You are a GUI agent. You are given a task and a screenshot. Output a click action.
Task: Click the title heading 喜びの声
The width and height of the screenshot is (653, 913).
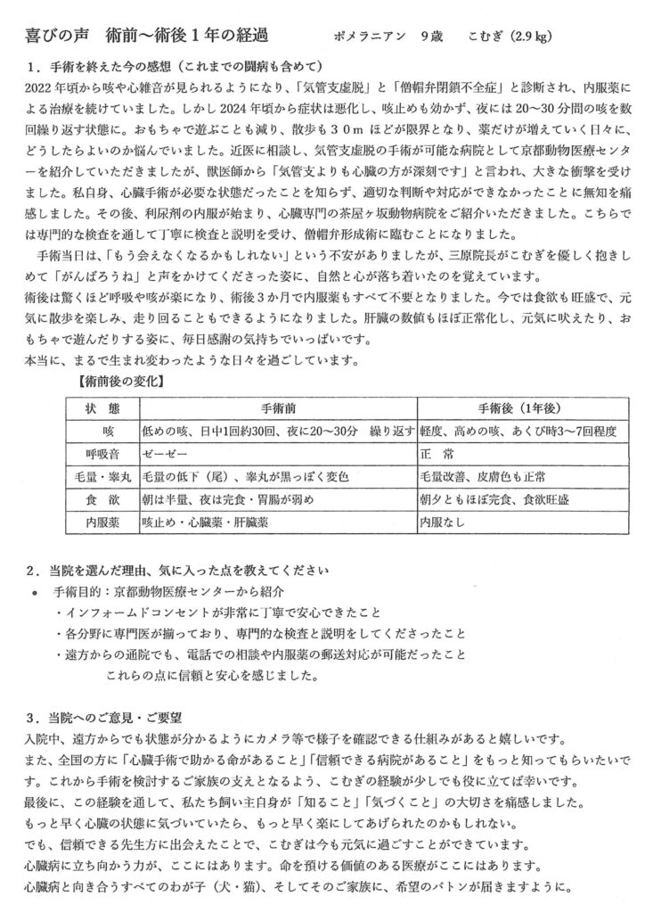[x=54, y=37]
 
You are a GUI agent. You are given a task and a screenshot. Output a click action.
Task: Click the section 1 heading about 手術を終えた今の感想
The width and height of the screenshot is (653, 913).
[x=174, y=69]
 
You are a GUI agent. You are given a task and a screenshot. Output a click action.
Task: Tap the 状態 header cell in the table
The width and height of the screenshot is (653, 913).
[x=102, y=407]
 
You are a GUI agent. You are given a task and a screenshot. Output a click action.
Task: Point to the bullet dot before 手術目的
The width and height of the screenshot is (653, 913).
[x=35, y=592]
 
